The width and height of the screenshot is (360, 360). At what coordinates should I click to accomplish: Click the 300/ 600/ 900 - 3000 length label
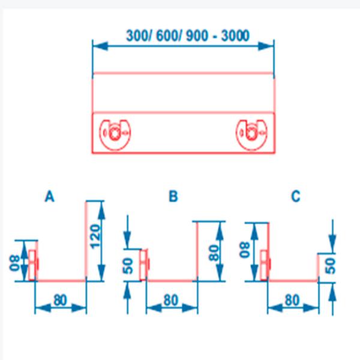(x=188, y=35)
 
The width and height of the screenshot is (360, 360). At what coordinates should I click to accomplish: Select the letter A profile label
(x=50, y=197)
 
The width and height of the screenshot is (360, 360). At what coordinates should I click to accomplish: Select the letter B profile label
(x=173, y=197)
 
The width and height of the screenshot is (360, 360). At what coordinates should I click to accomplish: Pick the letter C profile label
(x=295, y=196)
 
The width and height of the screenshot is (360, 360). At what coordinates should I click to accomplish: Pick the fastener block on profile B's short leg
(x=145, y=262)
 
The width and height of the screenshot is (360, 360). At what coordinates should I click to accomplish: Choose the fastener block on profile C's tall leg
(x=266, y=262)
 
